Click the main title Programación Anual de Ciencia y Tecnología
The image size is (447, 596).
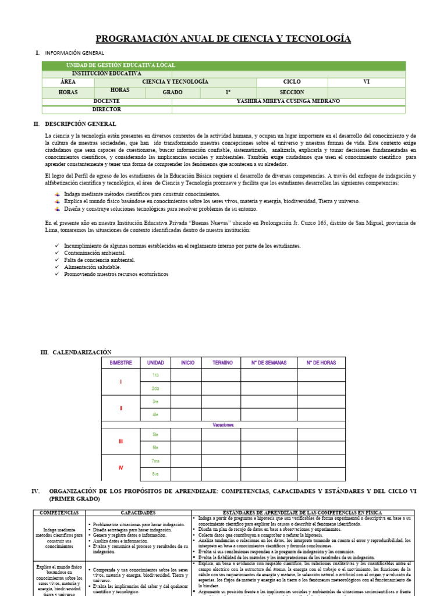pos(223,39)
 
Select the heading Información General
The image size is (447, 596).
pos(78,53)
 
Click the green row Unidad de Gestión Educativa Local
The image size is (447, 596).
pos(120,65)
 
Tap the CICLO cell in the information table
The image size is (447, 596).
pos(292,82)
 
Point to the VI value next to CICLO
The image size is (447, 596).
pos(366,82)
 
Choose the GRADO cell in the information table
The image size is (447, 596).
pos(172,92)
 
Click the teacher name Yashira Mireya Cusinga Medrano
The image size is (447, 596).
pos(288,101)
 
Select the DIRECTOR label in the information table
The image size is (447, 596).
pos(107,109)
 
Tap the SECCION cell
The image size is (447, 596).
pos(292,92)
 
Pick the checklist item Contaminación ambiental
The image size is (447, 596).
pos(95,253)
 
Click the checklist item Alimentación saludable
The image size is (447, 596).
pos(93,267)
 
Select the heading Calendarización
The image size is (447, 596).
pos(82,352)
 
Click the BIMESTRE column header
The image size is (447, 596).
pos(121,363)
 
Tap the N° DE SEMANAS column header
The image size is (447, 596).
pos(268,363)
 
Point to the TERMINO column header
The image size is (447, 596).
pos(222,363)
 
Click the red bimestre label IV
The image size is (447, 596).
pos(121,467)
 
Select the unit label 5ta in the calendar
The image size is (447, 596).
pos(155,434)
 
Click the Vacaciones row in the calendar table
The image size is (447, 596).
pos(223,424)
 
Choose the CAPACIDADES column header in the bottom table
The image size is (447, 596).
pos(138,513)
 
